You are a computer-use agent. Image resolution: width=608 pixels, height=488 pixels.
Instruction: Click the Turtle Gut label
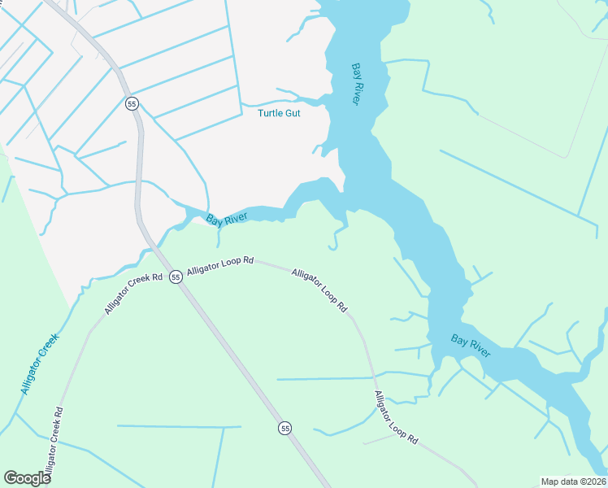(x=279, y=113)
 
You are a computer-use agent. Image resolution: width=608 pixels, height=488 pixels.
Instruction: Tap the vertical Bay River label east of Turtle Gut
(x=356, y=83)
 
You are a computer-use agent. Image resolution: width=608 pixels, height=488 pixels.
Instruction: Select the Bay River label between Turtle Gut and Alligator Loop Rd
(x=226, y=220)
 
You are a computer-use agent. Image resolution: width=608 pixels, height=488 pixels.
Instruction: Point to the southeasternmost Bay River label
(x=471, y=346)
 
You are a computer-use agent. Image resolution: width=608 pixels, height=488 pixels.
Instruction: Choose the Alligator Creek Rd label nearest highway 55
(x=133, y=291)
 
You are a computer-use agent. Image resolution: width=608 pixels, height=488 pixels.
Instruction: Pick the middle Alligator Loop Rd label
(x=319, y=290)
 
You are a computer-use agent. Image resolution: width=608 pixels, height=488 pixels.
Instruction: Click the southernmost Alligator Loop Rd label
(x=396, y=417)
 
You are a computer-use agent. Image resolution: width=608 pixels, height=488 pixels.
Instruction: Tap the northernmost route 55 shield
(x=132, y=103)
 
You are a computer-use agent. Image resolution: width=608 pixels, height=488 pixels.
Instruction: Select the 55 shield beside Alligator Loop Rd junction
(x=176, y=277)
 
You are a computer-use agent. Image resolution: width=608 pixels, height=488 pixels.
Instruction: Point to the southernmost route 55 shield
(x=284, y=428)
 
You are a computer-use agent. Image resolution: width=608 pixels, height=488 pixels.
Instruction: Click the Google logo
(x=27, y=477)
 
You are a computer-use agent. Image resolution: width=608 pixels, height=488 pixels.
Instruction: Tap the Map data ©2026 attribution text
(x=573, y=481)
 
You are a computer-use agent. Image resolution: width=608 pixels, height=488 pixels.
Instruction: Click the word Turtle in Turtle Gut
(x=271, y=113)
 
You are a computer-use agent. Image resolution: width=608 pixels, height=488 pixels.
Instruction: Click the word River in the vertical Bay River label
(x=356, y=92)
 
